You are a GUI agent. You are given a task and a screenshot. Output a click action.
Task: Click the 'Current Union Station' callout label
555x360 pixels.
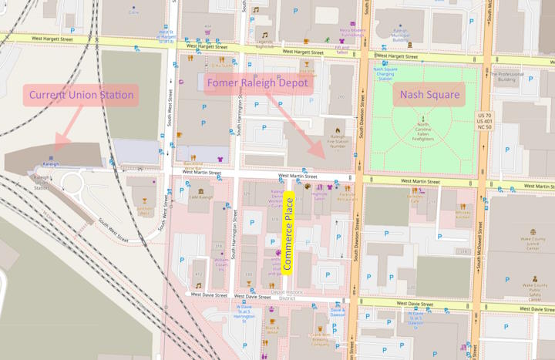[81, 96]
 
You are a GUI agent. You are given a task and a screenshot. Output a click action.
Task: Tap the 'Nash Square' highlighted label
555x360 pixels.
[429, 96]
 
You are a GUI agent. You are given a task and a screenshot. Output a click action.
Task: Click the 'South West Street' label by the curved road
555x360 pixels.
[114, 227]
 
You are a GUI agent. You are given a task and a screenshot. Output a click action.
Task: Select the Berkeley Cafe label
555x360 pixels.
[415, 198]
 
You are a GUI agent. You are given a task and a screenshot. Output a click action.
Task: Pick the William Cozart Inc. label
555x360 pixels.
[221, 264]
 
